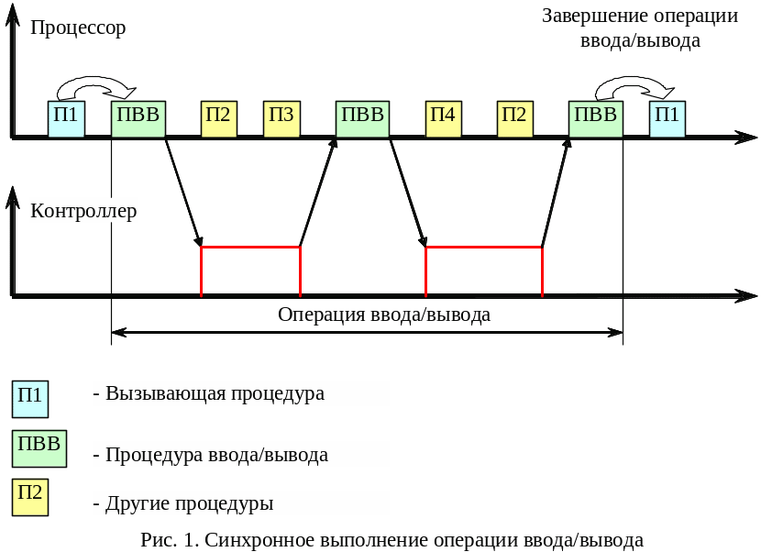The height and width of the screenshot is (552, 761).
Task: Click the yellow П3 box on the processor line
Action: [281, 119]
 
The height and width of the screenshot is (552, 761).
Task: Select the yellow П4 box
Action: [444, 119]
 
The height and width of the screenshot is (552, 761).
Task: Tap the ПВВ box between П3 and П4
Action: [362, 119]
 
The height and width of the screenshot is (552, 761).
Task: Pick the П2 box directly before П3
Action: [219, 119]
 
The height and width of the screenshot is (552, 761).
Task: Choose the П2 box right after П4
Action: [515, 119]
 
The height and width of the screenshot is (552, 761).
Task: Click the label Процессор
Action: [78, 28]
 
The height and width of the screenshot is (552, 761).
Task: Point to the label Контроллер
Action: [83, 212]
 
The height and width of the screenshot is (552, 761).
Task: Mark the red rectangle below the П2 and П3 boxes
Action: [250, 270]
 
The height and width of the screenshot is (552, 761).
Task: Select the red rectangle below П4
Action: [483, 270]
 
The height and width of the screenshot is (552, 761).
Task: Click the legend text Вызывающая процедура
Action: [215, 393]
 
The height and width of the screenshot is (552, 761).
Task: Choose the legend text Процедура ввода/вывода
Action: [217, 454]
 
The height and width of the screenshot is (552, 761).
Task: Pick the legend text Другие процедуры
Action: [190, 503]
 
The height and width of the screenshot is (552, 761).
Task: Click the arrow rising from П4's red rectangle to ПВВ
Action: [556, 193]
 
